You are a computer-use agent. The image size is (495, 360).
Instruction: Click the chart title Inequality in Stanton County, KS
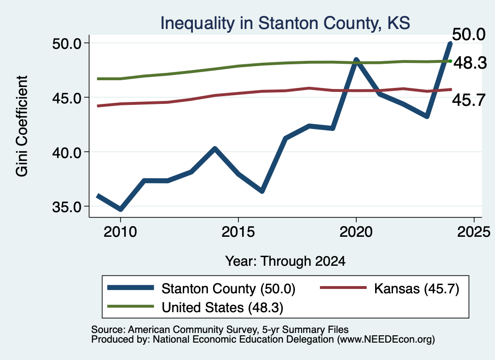[x=285, y=23]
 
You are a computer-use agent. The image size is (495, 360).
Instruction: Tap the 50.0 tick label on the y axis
[x=67, y=43]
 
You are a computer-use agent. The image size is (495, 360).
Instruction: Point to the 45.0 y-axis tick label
[x=67, y=98]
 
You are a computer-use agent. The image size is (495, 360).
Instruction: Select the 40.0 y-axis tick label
[x=67, y=153]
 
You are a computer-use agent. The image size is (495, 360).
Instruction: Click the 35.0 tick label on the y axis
[x=67, y=207]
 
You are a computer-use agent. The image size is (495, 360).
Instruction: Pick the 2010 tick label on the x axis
[x=120, y=232]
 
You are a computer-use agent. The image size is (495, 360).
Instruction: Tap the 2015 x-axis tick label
[x=238, y=232]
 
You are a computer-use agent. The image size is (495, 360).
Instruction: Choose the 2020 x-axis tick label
[x=356, y=232]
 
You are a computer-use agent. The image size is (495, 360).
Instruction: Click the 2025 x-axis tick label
[x=474, y=232]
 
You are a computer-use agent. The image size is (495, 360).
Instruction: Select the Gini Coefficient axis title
[x=22, y=126]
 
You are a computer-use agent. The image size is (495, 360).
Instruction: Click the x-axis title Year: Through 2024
[x=285, y=261]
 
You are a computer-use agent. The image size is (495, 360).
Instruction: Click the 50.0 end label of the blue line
[x=468, y=34]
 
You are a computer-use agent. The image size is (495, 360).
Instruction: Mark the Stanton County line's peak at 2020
[x=356, y=60]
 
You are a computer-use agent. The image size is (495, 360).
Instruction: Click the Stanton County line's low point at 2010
[x=120, y=209]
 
